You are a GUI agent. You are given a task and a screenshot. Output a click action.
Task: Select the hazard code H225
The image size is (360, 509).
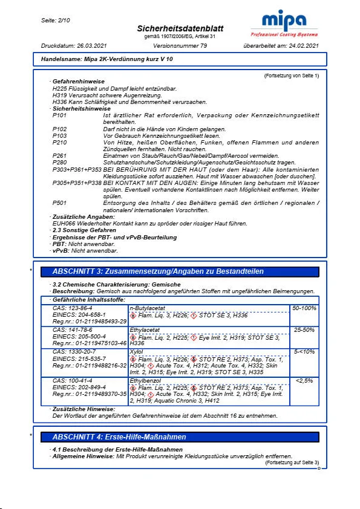pos(61,89)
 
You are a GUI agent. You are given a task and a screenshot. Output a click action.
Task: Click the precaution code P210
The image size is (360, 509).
pos(60,142)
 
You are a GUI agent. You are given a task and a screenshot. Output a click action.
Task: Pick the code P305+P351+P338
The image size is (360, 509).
pos(77,181)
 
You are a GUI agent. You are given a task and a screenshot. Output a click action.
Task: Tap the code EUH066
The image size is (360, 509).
pos(64,223)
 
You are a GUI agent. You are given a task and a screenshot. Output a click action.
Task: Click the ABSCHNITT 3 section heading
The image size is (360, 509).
pos(158,271)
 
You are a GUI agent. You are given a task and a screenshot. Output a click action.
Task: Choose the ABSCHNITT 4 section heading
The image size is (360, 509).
pos(119,436)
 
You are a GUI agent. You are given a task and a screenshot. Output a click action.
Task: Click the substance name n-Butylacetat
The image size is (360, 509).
pos(149,308)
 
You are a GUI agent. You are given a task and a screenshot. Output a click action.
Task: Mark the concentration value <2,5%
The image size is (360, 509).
pos(304,380)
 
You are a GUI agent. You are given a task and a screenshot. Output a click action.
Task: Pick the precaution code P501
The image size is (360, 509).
pos(60,204)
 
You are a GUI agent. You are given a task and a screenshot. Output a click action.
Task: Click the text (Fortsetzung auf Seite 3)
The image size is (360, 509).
pos(292,462)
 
